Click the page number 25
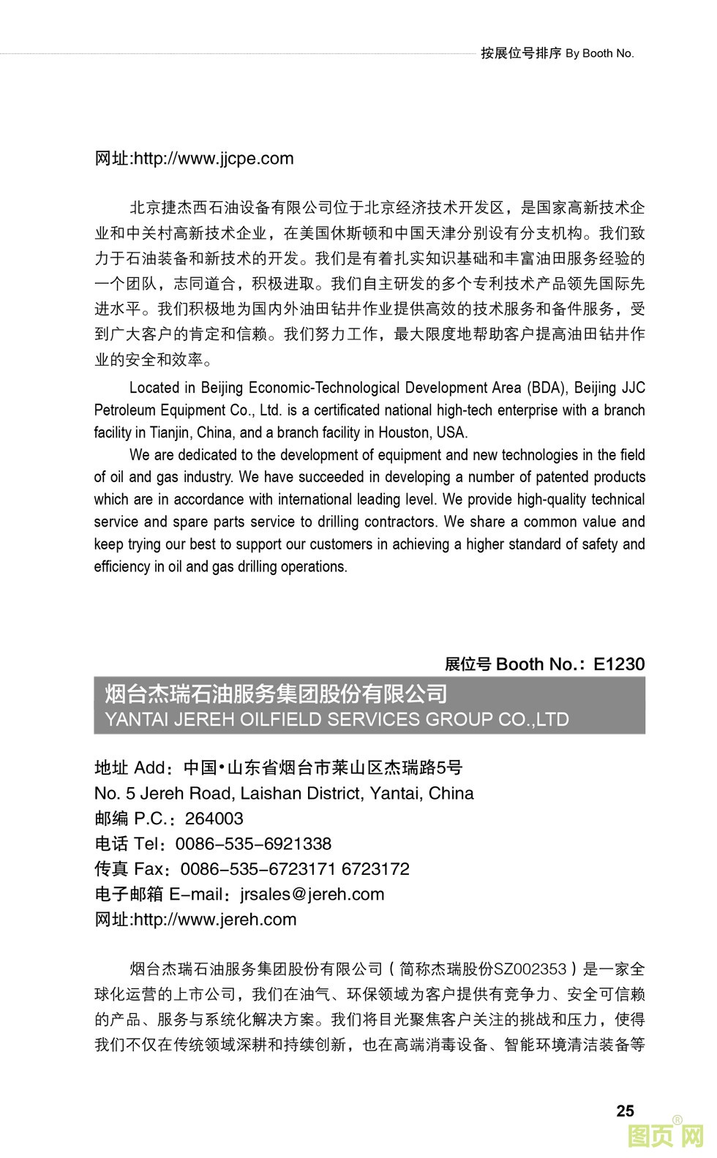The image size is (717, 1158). tap(625, 1110)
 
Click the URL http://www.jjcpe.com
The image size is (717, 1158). tap(214, 159)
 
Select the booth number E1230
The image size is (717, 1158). tap(619, 664)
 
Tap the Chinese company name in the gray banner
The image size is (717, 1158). tap(276, 693)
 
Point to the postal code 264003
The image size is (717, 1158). tap(214, 819)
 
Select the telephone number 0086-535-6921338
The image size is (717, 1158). tap(253, 844)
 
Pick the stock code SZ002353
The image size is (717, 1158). tap(530, 969)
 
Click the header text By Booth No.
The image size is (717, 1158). tap(600, 53)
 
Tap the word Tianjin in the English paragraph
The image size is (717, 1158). tap(170, 432)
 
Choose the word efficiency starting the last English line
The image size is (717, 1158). tap(121, 567)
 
